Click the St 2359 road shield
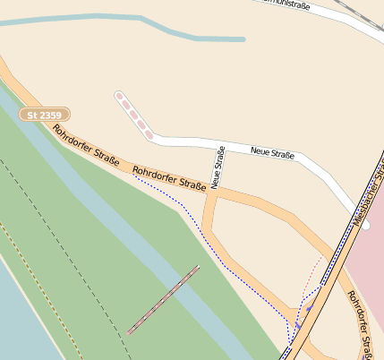45,116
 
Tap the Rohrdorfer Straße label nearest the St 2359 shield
86,146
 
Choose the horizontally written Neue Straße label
273,154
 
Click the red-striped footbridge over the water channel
163,299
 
